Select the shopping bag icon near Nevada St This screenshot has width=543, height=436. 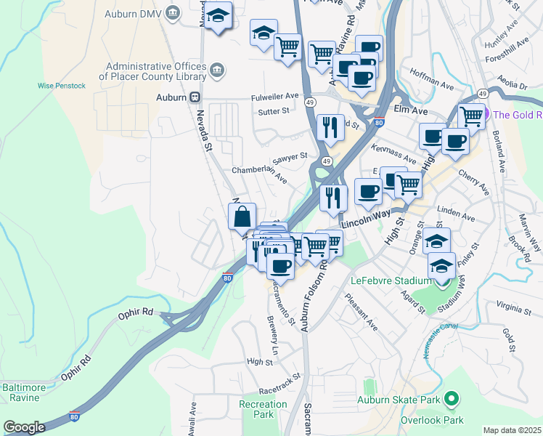pos(242,216)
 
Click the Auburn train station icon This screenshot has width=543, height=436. pos(195,97)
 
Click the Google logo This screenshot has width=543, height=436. pos(24,427)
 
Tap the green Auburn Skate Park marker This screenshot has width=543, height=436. pos(451,398)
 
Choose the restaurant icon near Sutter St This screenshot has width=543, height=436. pos(330,126)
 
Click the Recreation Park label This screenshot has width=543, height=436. pos(263,409)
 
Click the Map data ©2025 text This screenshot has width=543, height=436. pos(513,430)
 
